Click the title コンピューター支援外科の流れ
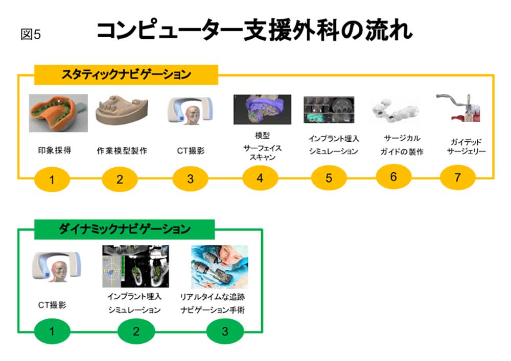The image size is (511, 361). click(x=254, y=31)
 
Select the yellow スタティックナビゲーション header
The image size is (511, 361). click(x=126, y=74)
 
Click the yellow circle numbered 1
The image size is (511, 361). click(x=52, y=179)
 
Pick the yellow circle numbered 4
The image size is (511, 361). click(x=260, y=178)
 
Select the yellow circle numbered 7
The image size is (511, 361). click(x=457, y=178)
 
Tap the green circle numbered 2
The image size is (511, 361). click(x=136, y=331)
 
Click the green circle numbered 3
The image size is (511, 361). click(x=225, y=331)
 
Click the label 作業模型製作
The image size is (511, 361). click(x=122, y=151)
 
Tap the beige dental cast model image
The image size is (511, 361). click(x=122, y=112)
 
